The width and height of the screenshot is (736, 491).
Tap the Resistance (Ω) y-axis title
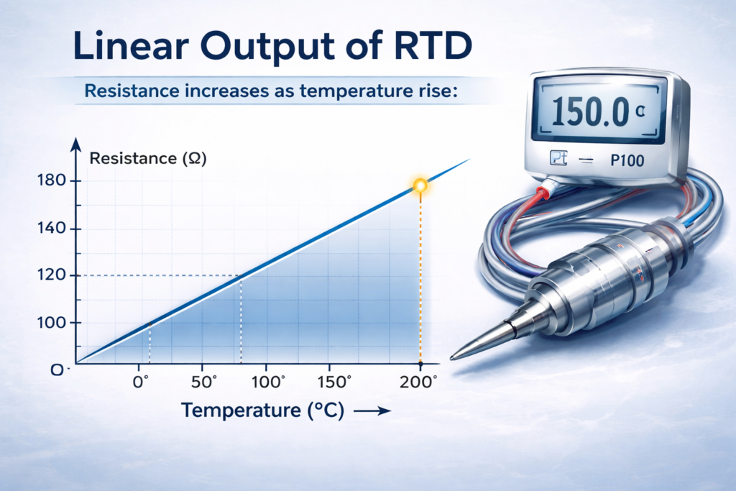tap(148, 160)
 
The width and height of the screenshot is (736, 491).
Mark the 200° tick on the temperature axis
tap(419, 382)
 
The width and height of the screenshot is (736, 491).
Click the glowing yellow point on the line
tap(420, 186)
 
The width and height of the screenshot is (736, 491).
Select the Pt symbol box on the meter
tap(558, 160)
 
